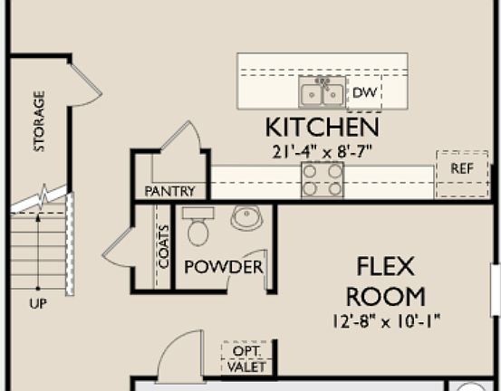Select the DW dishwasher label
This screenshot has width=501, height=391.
[363, 92]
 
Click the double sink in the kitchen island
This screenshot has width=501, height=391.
[322, 92]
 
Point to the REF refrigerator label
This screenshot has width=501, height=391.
[461, 168]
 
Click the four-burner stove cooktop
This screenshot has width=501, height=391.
[323, 179]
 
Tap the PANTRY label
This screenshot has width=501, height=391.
[169, 191]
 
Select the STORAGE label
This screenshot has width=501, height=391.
[39, 120]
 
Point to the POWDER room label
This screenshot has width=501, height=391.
[223, 267]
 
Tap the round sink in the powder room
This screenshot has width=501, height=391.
[246, 217]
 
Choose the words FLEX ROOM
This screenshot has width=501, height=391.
[386, 281]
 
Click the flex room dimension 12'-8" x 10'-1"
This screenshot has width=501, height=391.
[386, 319]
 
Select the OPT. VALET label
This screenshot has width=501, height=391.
[246, 358]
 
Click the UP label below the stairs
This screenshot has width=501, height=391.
[38, 304]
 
